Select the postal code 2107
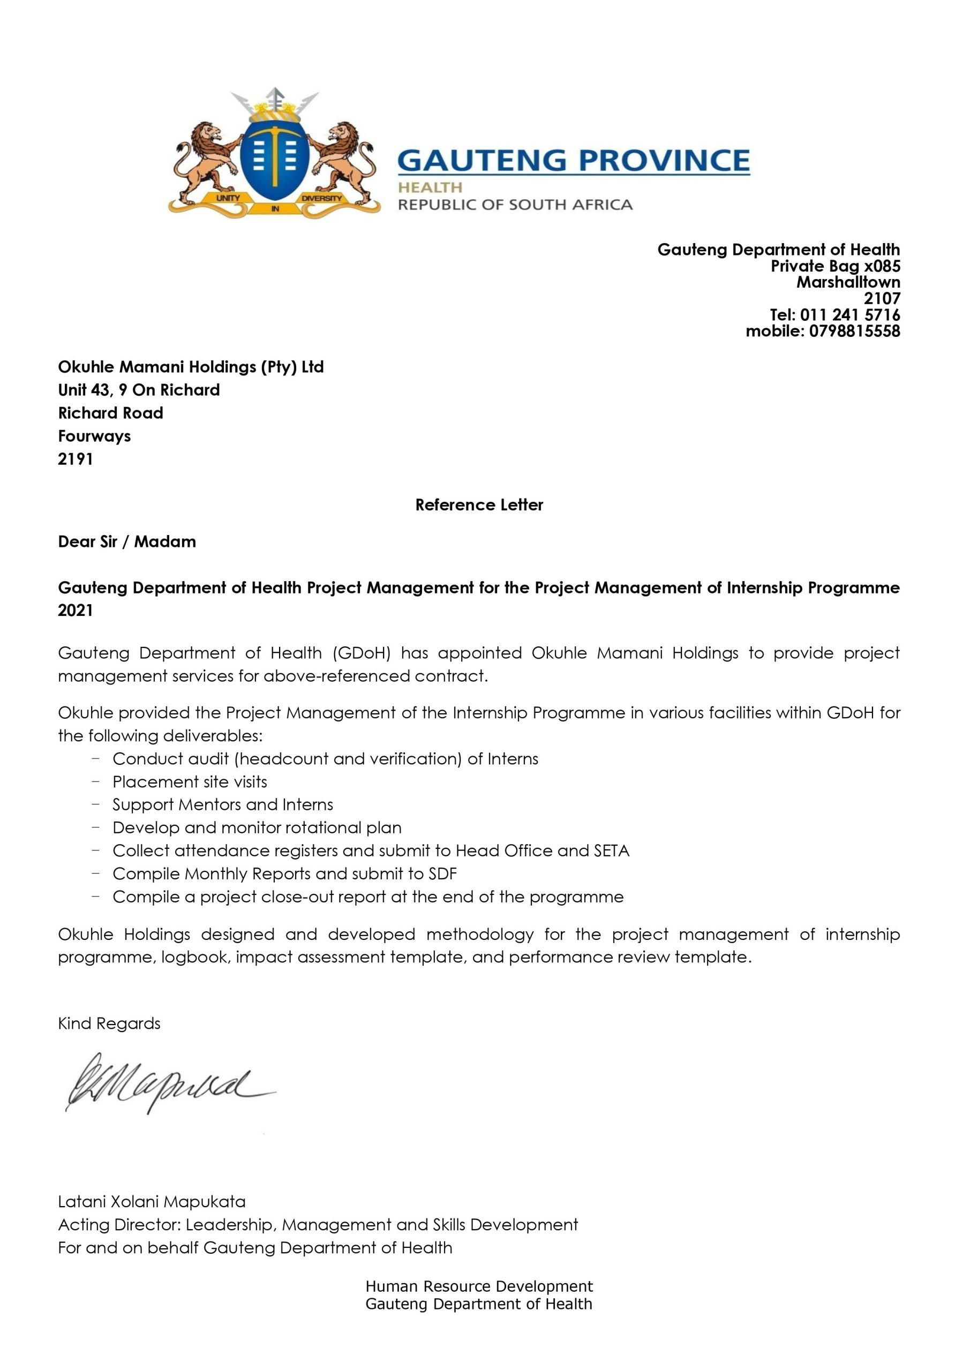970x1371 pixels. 882,298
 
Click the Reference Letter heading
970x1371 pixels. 479,504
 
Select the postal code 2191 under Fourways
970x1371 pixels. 76,458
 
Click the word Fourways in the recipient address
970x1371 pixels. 94,436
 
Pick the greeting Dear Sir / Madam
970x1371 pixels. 126,541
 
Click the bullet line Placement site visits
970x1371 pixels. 190,782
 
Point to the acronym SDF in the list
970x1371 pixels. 442,873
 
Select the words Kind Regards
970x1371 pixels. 109,1023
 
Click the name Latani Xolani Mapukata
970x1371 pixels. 152,1201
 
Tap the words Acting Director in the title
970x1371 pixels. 118,1225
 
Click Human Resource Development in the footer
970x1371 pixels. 479,1286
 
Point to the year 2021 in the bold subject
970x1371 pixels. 76,611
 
